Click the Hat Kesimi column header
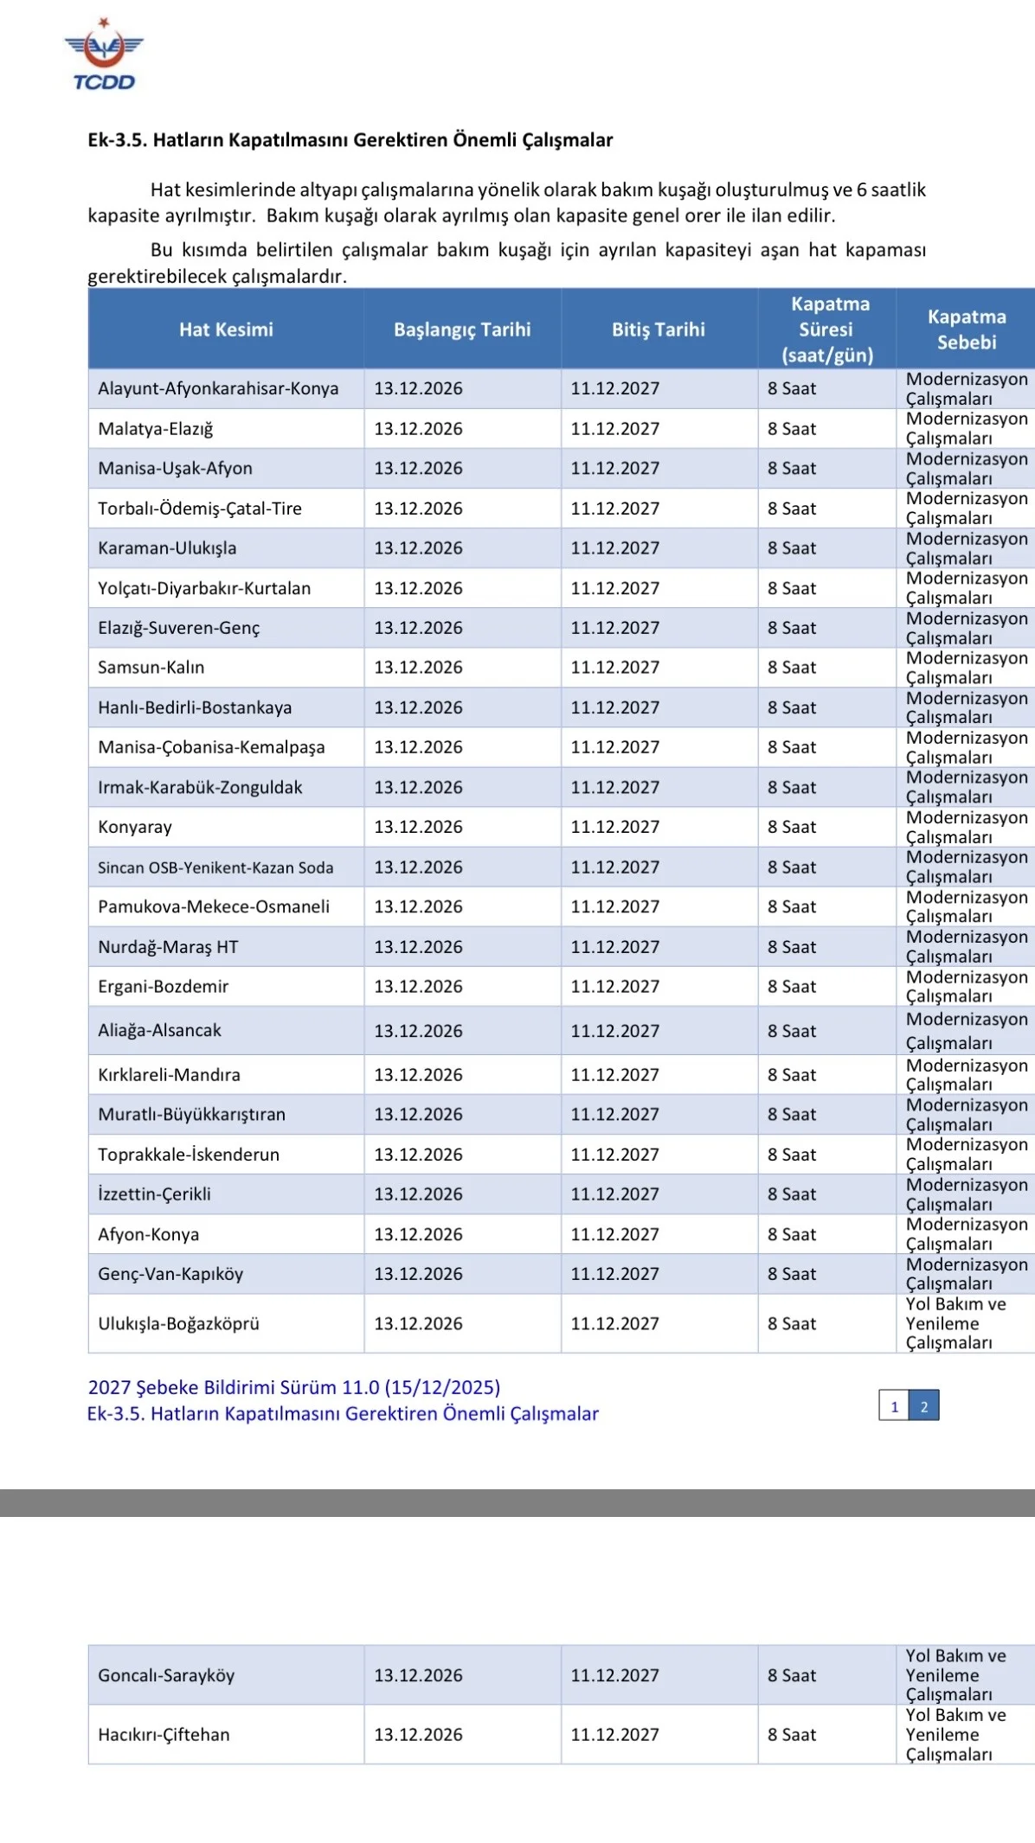point(226,330)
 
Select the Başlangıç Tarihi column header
point(462,330)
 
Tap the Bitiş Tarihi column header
point(659,330)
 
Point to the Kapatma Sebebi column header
point(966,330)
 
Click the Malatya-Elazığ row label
point(156,429)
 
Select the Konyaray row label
point(135,827)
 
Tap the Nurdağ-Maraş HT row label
point(168,947)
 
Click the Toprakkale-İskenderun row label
point(189,1155)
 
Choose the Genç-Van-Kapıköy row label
point(170,1274)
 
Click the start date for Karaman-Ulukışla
point(419,548)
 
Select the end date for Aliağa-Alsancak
point(615,1031)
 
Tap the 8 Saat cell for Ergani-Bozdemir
point(792,987)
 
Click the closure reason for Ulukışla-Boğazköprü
point(955,1323)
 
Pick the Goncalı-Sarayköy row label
point(166,1675)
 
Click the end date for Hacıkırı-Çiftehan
point(615,1734)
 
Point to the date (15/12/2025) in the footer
point(443,1387)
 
